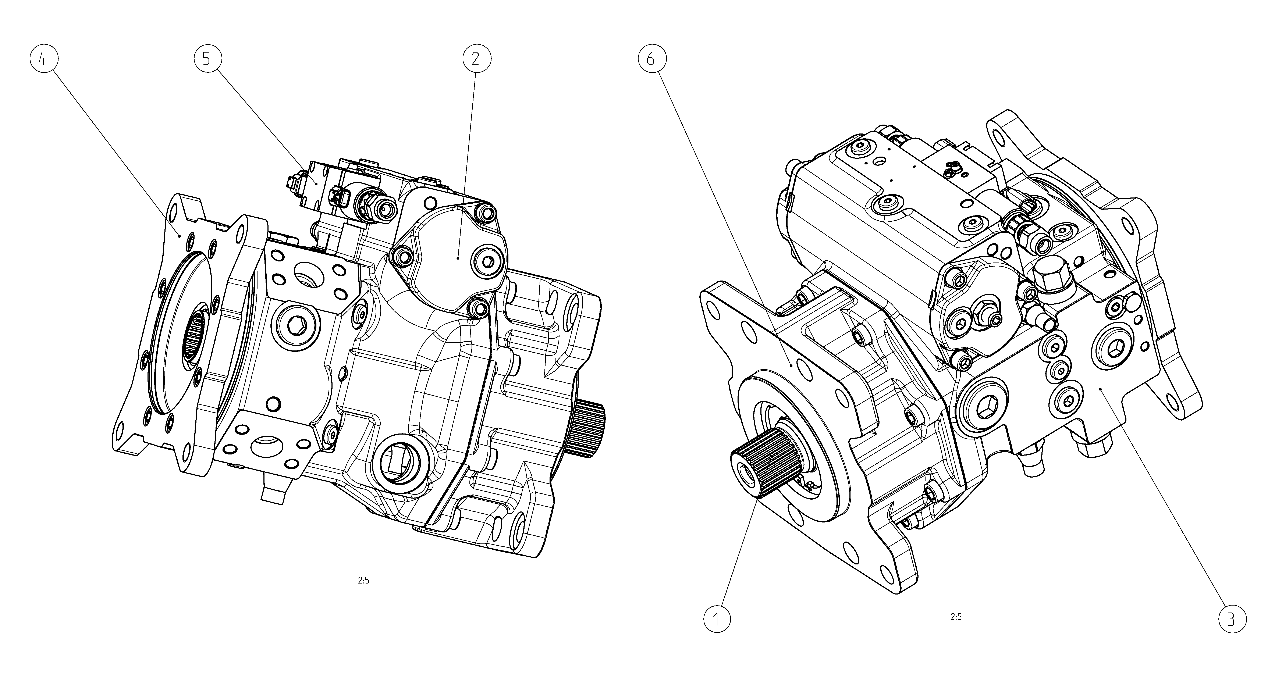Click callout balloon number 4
click(43, 59)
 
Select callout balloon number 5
click(207, 59)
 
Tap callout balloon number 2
click(477, 59)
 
